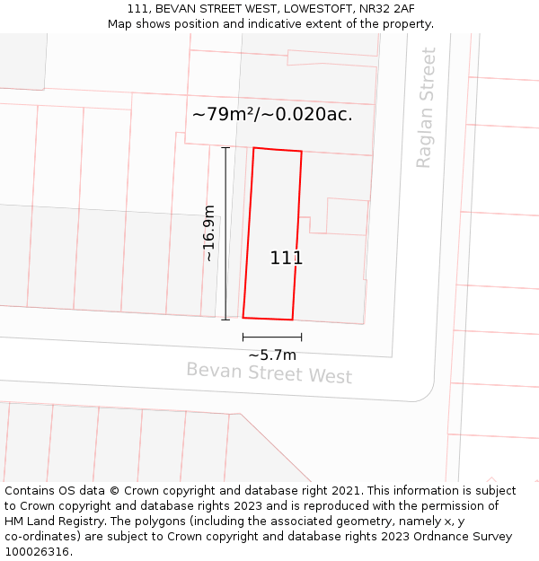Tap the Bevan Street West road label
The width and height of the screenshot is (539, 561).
pos(269,372)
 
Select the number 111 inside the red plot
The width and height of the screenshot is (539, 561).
pos(286,259)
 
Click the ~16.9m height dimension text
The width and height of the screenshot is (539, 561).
pos(208,233)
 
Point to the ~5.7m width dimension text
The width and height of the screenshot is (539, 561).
pos(272,355)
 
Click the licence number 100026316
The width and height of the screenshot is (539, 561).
pos(38,551)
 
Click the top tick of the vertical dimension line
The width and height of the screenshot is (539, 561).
pos(225,148)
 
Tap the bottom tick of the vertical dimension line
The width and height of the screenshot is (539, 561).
pos(225,319)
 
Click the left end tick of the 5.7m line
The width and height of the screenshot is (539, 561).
pos(243,337)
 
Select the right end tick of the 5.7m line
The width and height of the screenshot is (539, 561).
pos(301,337)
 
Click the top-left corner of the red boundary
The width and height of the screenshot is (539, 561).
pos(253,148)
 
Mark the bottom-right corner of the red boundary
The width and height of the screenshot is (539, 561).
pos(292,320)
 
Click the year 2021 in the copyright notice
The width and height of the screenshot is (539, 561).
pos(346,491)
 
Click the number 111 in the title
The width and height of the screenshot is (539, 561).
pos(137,9)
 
